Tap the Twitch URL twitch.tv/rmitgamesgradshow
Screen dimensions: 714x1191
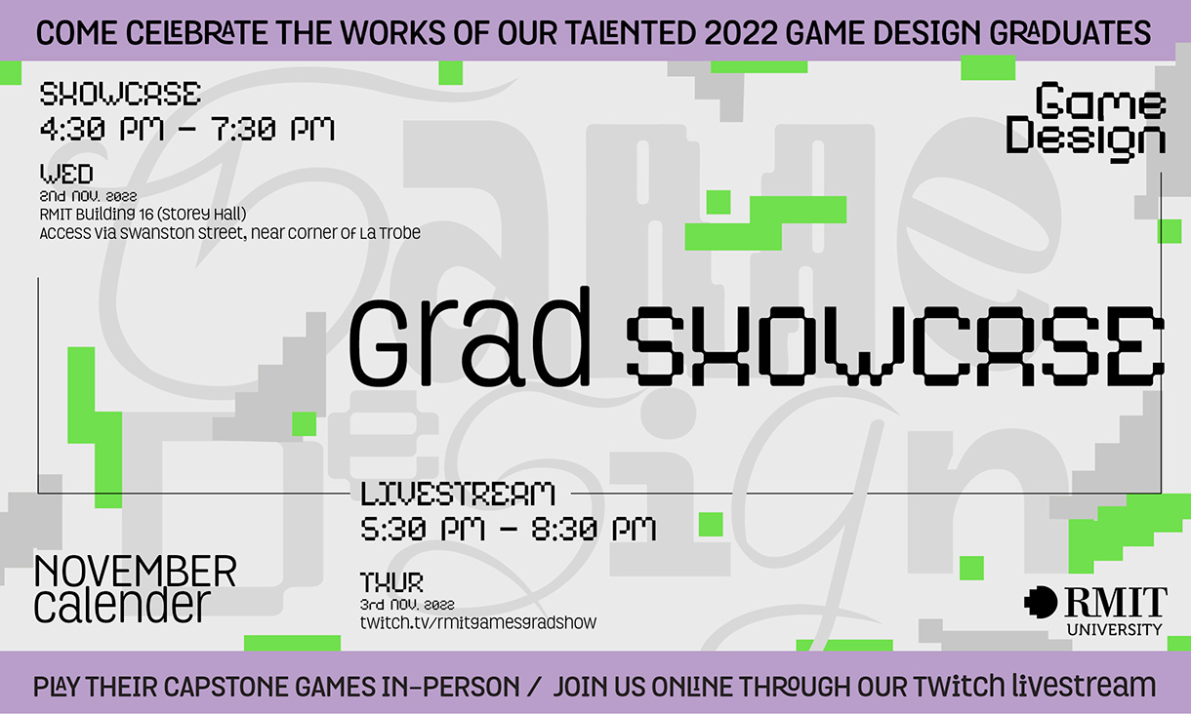pyautogui.click(x=478, y=622)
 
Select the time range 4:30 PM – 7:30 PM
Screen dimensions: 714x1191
pyautogui.click(x=187, y=129)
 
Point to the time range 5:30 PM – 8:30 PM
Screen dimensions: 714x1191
pyautogui.click(x=508, y=530)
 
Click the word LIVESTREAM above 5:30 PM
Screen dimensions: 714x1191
pyautogui.click(x=458, y=494)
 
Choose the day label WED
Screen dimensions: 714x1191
pyautogui.click(x=66, y=176)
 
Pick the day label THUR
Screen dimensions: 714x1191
pyautogui.click(x=392, y=583)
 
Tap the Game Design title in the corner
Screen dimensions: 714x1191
pyautogui.click(x=1087, y=120)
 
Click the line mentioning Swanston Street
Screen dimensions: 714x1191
pyautogui.click(x=229, y=234)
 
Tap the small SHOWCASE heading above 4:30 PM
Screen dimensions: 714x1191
pyautogui.click(x=120, y=95)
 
